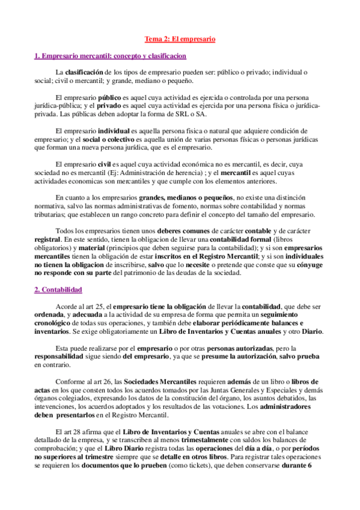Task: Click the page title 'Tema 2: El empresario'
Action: (180, 40)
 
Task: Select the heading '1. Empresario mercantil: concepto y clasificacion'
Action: (110, 56)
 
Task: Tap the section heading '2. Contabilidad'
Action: (58, 290)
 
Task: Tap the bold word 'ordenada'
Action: (50, 315)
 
